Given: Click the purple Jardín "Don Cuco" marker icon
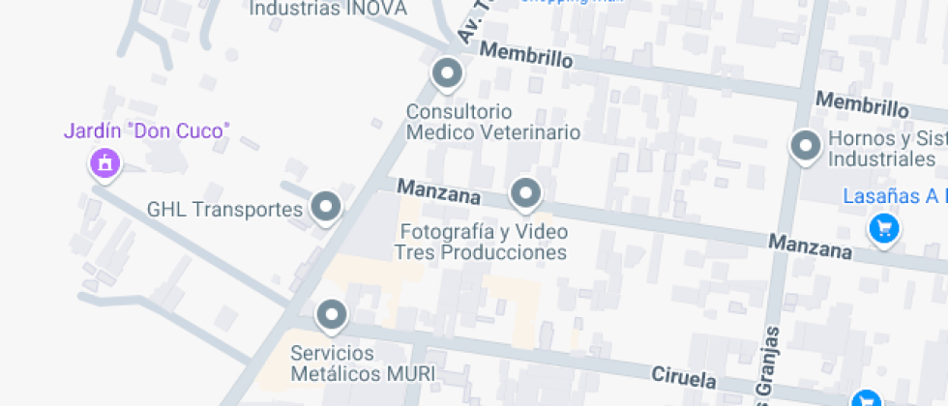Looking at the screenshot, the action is [104, 162].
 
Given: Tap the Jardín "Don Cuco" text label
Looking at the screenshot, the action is [147, 130].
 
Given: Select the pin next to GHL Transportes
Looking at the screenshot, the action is [326, 207].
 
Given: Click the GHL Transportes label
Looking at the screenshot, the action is [224, 209].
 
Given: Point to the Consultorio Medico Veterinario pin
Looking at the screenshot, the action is [446, 73].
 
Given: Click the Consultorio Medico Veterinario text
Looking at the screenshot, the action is [492, 122].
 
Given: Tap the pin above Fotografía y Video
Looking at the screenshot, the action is [525, 193].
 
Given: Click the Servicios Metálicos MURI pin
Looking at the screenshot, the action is [332, 314].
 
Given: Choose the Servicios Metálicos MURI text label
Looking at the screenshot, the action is [363, 362].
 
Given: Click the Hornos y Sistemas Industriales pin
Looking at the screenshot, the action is [805, 147].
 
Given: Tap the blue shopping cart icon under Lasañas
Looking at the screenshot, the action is [882, 229].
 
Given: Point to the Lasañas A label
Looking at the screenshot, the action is [892, 196].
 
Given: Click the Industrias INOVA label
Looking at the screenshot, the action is [328, 9].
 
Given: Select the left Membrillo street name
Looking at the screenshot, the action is [525, 55].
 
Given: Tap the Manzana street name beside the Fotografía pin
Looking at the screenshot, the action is [439, 191].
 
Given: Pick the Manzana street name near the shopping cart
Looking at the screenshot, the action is [811, 246].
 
